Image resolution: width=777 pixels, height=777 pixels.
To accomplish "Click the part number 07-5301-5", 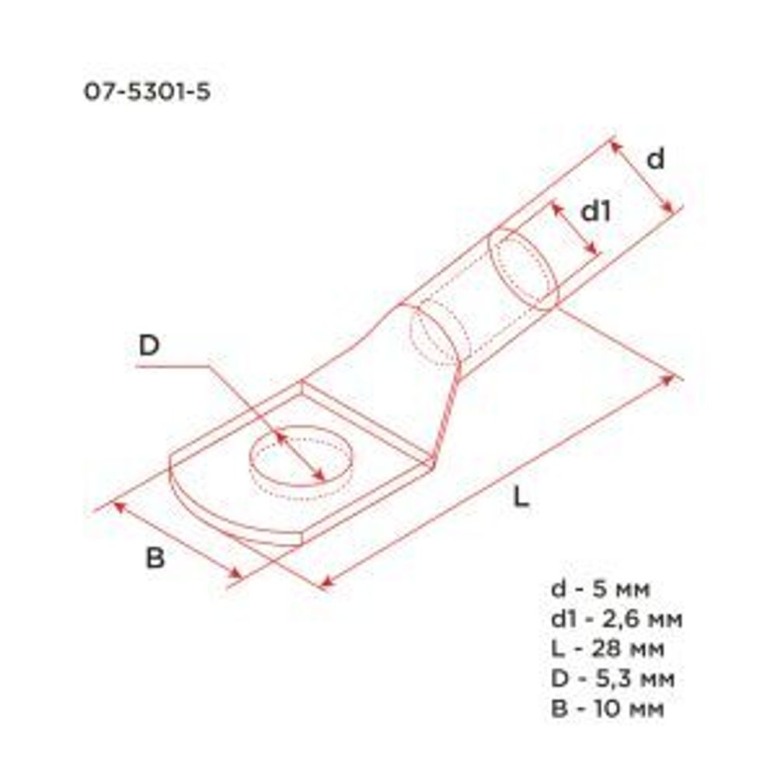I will click(x=147, y=92).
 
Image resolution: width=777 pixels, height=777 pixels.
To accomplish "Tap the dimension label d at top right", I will click(x=657, y=159).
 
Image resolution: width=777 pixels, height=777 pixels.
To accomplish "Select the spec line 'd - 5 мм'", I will click(x=601, y=588).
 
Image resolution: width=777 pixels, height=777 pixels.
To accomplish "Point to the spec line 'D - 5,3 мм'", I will click(x=612, y=678).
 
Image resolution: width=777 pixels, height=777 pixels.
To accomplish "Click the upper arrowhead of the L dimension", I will click(x=669, y=379).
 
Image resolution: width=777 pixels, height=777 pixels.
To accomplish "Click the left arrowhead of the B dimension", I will click(x=119, y=505).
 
